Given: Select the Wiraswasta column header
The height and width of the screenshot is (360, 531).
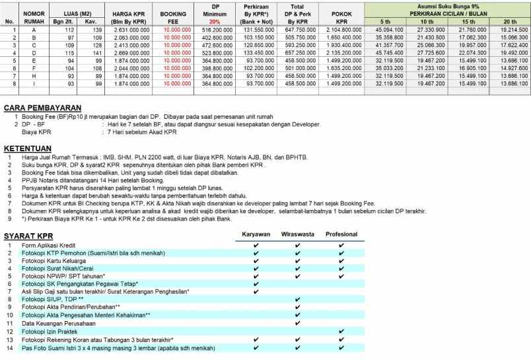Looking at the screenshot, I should pyautogui.click(x=299, y=234).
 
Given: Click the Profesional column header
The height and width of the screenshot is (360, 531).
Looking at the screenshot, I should pyautogui.click(x=341, y=234).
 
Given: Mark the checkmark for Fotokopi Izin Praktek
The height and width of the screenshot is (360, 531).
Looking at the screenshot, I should pyautogui.click(x=341, y=332).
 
